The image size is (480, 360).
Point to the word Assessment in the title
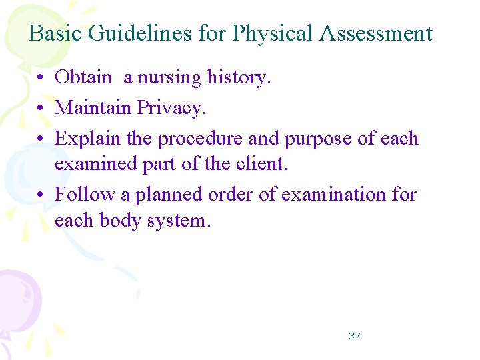(x=376, y=33)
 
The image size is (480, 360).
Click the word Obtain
(x=83, y=77)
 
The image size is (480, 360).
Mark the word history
(x=239, y=77)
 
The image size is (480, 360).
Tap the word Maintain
(x=93, y=107)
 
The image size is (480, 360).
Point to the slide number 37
(x=354, y=336)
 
